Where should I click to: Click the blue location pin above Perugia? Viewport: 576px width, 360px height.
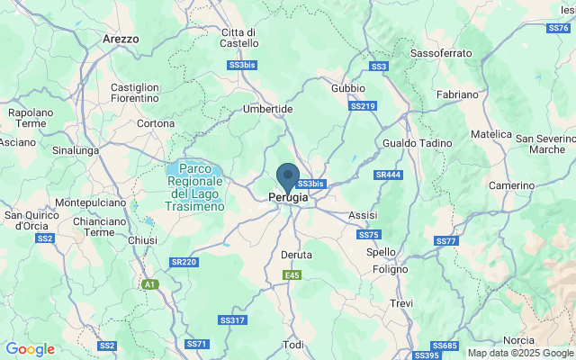(x=288, y=176)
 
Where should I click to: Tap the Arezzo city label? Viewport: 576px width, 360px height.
(x=121, y=40)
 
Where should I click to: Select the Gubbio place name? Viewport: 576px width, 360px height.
(x=348, y=88)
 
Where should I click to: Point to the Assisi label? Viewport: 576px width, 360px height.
(x=363, y=215)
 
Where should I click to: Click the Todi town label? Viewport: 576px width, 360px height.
(x=293, y=345)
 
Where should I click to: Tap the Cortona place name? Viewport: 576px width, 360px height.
(x=156, y=123)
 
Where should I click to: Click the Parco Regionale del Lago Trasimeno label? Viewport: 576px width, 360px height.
(x=195, y=187)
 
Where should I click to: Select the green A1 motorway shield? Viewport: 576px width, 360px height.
(x=149, y=284)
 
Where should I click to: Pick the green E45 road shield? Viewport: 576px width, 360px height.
(x=291, y=275)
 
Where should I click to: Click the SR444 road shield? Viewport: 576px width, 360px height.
(x=389, y=175)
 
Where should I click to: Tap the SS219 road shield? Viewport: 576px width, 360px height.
(x=363, y=106)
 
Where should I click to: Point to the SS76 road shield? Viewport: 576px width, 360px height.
(x=557, y=28)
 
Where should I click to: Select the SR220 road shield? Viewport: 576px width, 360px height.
(x=183, y=262)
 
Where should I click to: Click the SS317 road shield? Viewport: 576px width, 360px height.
(x=231, y=319)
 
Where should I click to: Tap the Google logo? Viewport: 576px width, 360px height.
(x=30, y=349)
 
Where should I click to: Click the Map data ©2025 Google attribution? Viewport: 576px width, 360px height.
(x=519, y=354)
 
